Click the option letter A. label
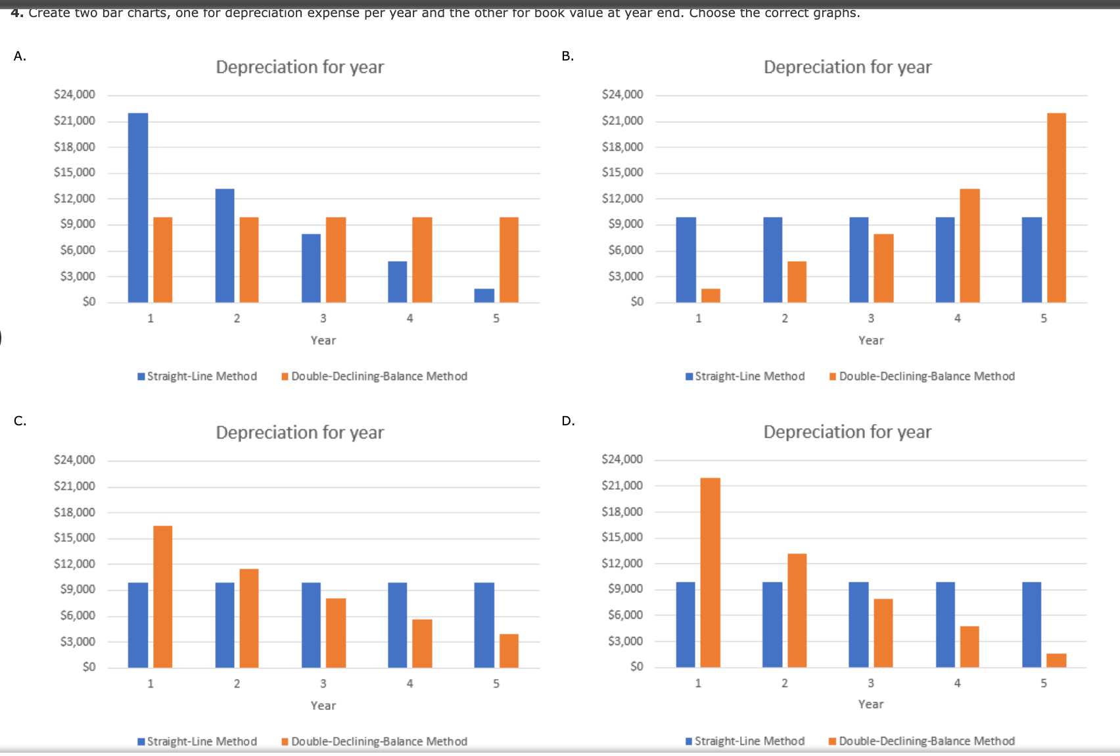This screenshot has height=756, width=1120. click(20, 56)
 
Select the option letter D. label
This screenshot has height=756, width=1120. click(568, 421)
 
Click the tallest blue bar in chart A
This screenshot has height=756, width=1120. click(138, 207)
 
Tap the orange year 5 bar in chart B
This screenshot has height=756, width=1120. click(1056, 207)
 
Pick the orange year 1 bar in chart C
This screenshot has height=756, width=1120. click(162, 596)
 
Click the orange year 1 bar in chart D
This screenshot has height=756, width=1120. click(711, 572)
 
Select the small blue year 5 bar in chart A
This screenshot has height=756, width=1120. click(484, 295)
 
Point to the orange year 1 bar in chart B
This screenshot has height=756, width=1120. click(711, 295)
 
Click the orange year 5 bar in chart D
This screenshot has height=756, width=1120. click(1056, 660)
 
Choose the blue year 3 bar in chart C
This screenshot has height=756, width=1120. click(311, 625)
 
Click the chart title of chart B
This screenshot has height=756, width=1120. click(847, 67)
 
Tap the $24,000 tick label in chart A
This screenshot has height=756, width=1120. click(74, 95)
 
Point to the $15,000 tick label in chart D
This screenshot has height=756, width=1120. click(622, 537)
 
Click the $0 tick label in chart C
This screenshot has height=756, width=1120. click(89, 667)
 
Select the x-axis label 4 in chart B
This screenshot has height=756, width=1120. click(957, 318)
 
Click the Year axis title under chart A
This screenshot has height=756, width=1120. click(323, 341)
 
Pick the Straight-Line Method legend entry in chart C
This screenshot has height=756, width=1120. click(197, 742)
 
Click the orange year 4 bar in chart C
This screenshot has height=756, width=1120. click(422, 643)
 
